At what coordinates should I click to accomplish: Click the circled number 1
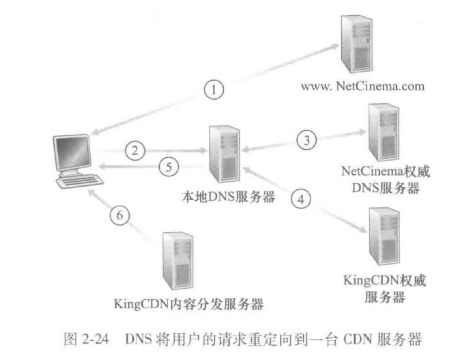point(215,89)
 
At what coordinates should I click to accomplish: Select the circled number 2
point(139,150)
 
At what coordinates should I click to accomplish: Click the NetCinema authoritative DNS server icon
point(382,130)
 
